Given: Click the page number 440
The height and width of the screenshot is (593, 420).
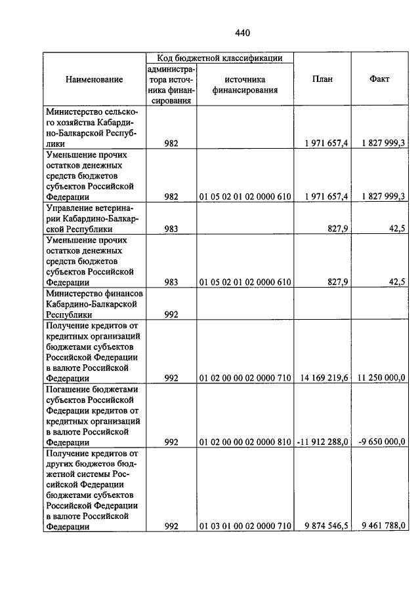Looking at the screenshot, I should [243, 33].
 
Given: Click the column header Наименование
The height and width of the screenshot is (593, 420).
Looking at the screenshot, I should [94, 79].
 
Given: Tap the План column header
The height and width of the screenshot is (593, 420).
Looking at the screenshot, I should [322, 79].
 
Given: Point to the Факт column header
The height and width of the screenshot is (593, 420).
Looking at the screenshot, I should [379, 79].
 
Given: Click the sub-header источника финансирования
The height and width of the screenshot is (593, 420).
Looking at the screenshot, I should [244, 85].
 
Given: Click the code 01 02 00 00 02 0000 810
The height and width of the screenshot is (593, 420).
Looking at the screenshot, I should [244, 442].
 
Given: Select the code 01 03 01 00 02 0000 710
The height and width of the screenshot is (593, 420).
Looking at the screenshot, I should [244, 525].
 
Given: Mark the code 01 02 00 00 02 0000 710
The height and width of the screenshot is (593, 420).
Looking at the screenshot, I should [244, 377].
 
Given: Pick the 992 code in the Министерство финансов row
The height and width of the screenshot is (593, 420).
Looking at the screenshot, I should [172, 314].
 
